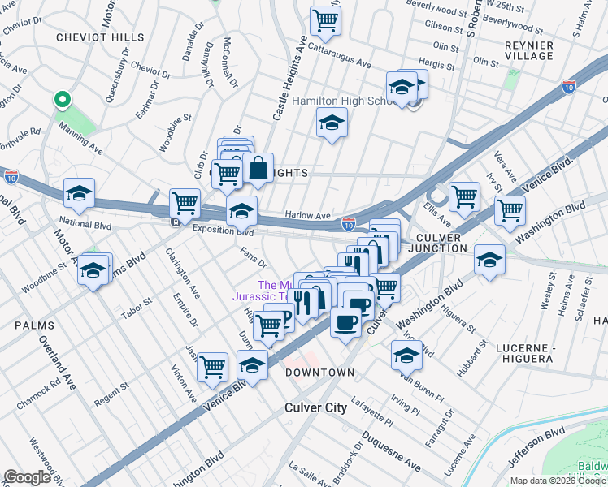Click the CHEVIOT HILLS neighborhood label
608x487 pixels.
(x=100, y=37)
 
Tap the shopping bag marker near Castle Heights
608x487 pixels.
(x=258, y=169)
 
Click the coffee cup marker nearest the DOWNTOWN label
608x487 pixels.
(x=345, y=323)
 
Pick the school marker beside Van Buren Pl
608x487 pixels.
(x=406, y=354)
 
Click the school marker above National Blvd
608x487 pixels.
(x=80, y=193)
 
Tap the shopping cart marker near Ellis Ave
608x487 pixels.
(x=464, y=196)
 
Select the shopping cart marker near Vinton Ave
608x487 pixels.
(x=212, y=367)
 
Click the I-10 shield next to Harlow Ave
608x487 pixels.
(x=348, y=221)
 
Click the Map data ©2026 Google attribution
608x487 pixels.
(x=558, y=481)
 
